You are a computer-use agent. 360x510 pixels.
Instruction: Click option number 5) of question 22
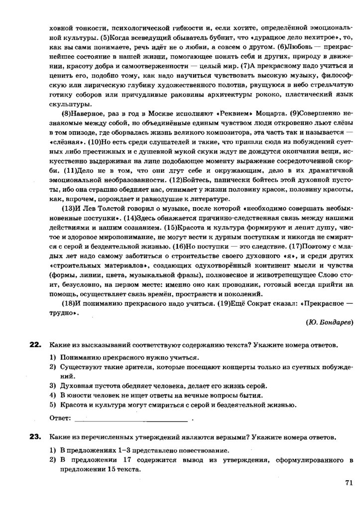pos(52,404)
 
